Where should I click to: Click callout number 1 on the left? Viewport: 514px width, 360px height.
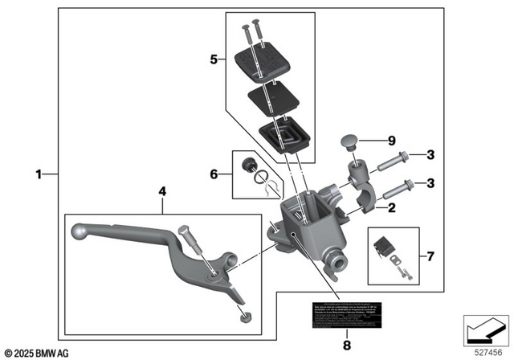39,174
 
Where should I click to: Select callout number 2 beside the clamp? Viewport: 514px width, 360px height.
391,209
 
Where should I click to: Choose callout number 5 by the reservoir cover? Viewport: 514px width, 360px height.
213,59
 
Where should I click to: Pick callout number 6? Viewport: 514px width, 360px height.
213,174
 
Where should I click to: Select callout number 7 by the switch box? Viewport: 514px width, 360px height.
430,257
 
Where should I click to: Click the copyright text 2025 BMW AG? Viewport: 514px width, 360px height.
37,352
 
